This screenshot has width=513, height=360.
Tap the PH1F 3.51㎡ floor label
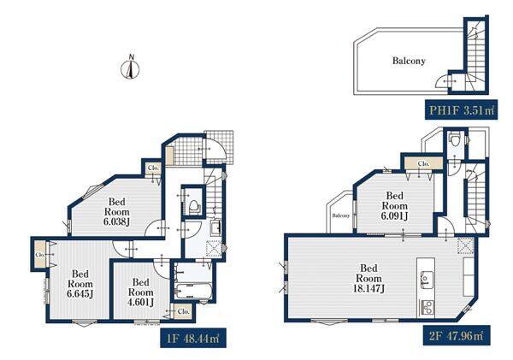click(x=461, y=109)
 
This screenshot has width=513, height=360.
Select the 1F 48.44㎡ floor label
click(x=192, y=338)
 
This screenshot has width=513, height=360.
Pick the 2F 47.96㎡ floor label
click(x=457, y=335)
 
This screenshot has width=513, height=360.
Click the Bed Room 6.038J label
click(x=117, y=212)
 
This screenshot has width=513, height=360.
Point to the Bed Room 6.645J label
click(x=80, y=284)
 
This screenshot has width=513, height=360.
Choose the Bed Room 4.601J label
click(x=141, y=292)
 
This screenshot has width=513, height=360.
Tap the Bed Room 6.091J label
click(x=394, y=206)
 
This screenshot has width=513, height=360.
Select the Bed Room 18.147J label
click(x=369, y=278)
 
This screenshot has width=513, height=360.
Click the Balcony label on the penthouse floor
click(x=409, y=61)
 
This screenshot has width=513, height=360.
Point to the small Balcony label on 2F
click(x=341, y=215)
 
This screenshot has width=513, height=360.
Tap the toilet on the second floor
click(x=454, y=139)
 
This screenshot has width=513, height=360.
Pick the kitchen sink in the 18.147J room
click(x=426, y=279)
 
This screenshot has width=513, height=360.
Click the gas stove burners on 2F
click(x=427, y=308)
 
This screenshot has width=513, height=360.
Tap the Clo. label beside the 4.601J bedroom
click(x=184, y=311)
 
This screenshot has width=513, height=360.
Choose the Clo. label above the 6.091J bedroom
click(x=423, y=163)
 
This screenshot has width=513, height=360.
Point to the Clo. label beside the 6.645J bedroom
click(x=40, y=254)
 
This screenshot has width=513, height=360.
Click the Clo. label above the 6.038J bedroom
click(x=153, y=168)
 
